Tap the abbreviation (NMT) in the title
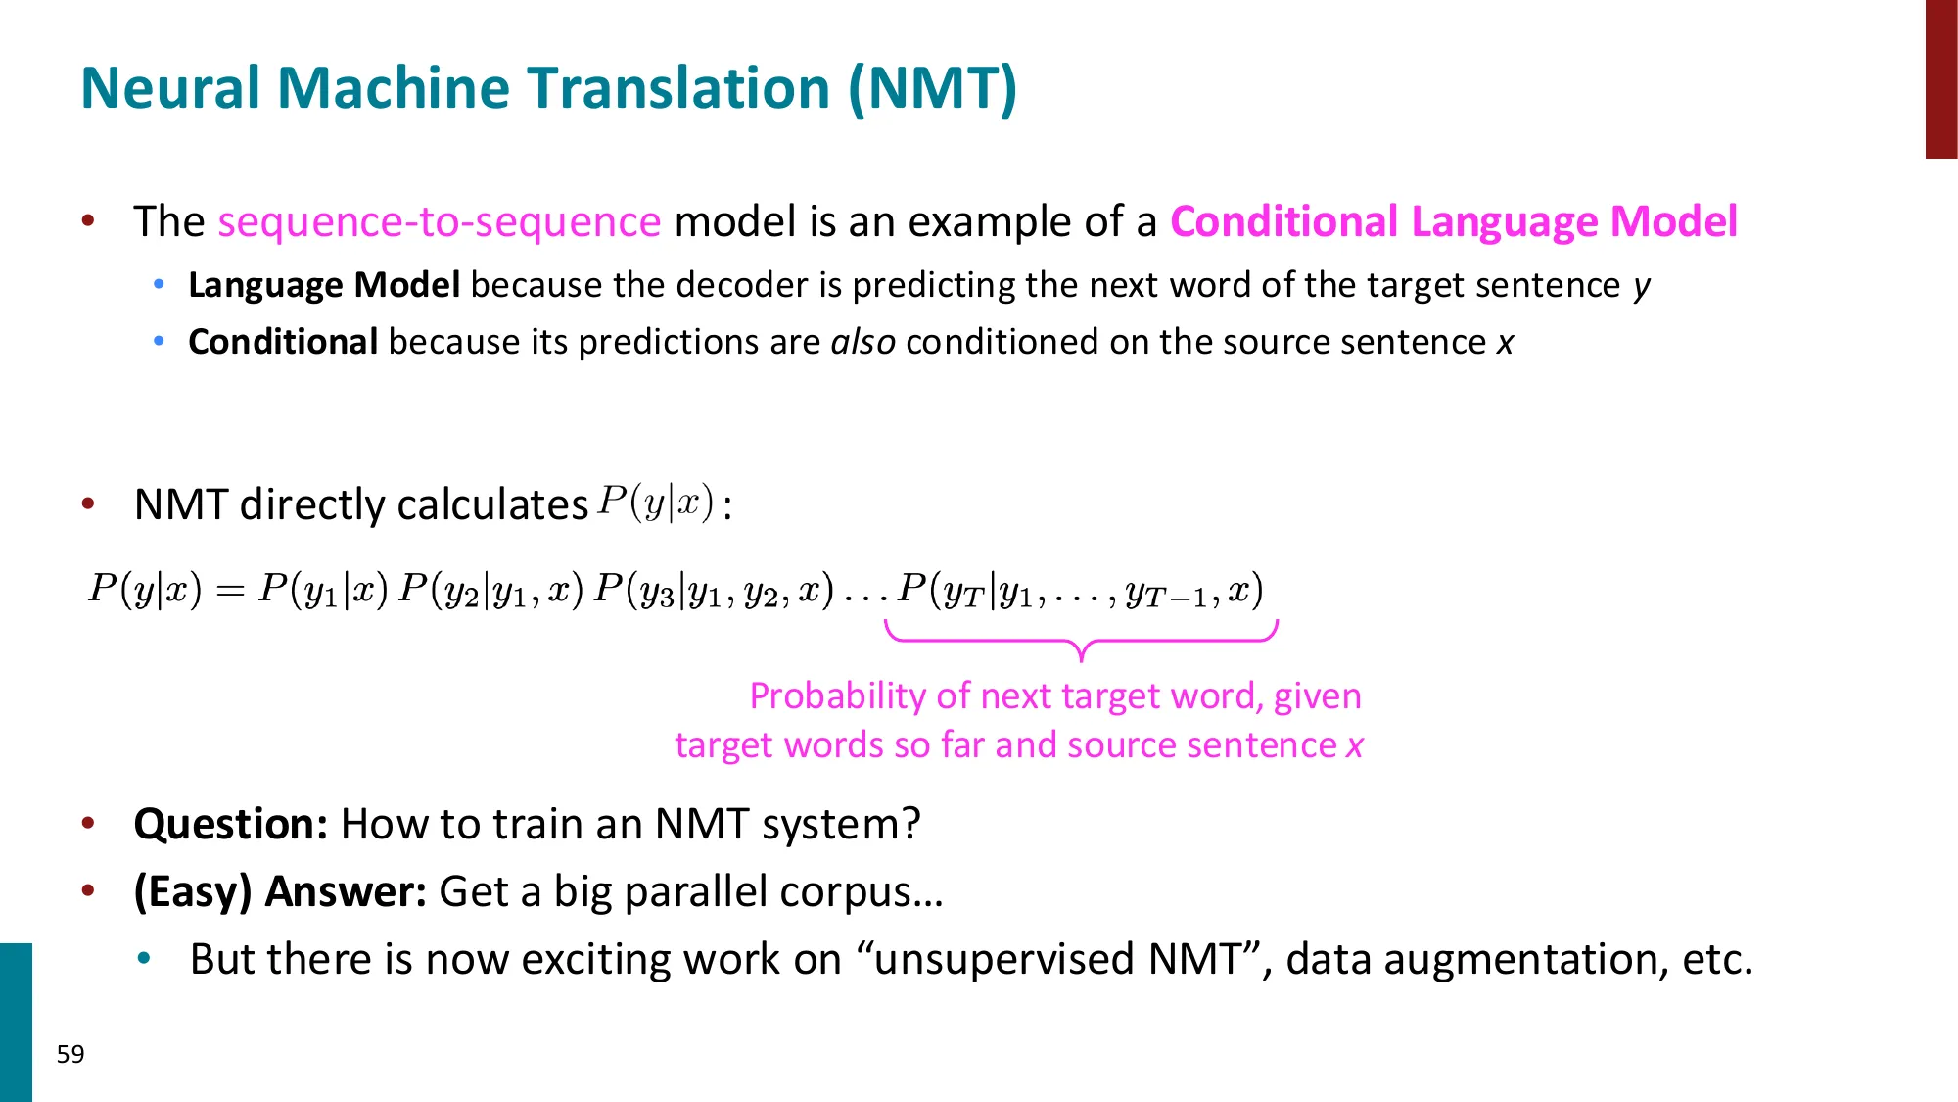coord(932,88)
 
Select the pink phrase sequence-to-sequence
coord(439,221)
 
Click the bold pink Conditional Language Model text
coord(1453,221)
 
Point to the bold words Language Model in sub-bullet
coord(323,285)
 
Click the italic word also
coord(862,342)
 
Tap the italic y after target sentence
coord(1641,286)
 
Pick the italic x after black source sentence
coord(1505,343)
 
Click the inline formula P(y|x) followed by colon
coord(655,503)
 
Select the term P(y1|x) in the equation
coord(323,589)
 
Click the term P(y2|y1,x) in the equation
coord(491,589)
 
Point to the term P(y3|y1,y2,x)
coord(714,589)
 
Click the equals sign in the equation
coord(230,591)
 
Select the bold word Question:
coord(230,824)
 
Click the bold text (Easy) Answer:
coord(280,891)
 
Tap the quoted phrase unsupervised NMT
coord(1058,959)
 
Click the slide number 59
coord(70,1054)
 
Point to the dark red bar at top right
coord(1940,78)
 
